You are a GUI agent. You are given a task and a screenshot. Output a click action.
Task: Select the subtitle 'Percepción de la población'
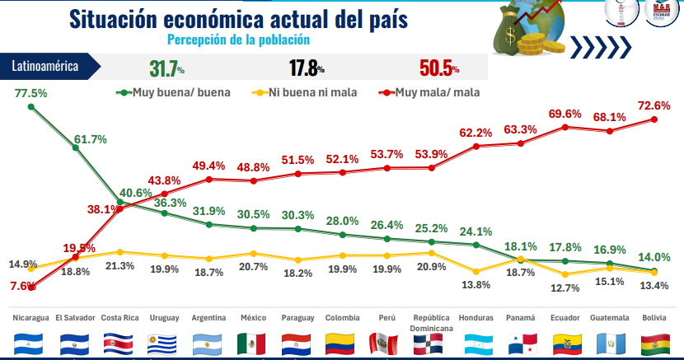point(238,39)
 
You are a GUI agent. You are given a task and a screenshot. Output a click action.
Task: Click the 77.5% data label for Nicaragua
point(31,93)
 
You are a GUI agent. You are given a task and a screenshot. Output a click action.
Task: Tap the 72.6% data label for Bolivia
point(654,105)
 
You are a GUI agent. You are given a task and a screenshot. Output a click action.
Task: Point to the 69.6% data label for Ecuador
point(565,113)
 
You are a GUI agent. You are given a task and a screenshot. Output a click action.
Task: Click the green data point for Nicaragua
point(31,107)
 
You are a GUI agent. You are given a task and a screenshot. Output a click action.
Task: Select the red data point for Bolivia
point(655,119)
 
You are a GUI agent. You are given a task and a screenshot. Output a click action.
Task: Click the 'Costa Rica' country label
point(119,317)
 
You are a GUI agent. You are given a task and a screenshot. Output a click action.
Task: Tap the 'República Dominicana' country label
point(432,322)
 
